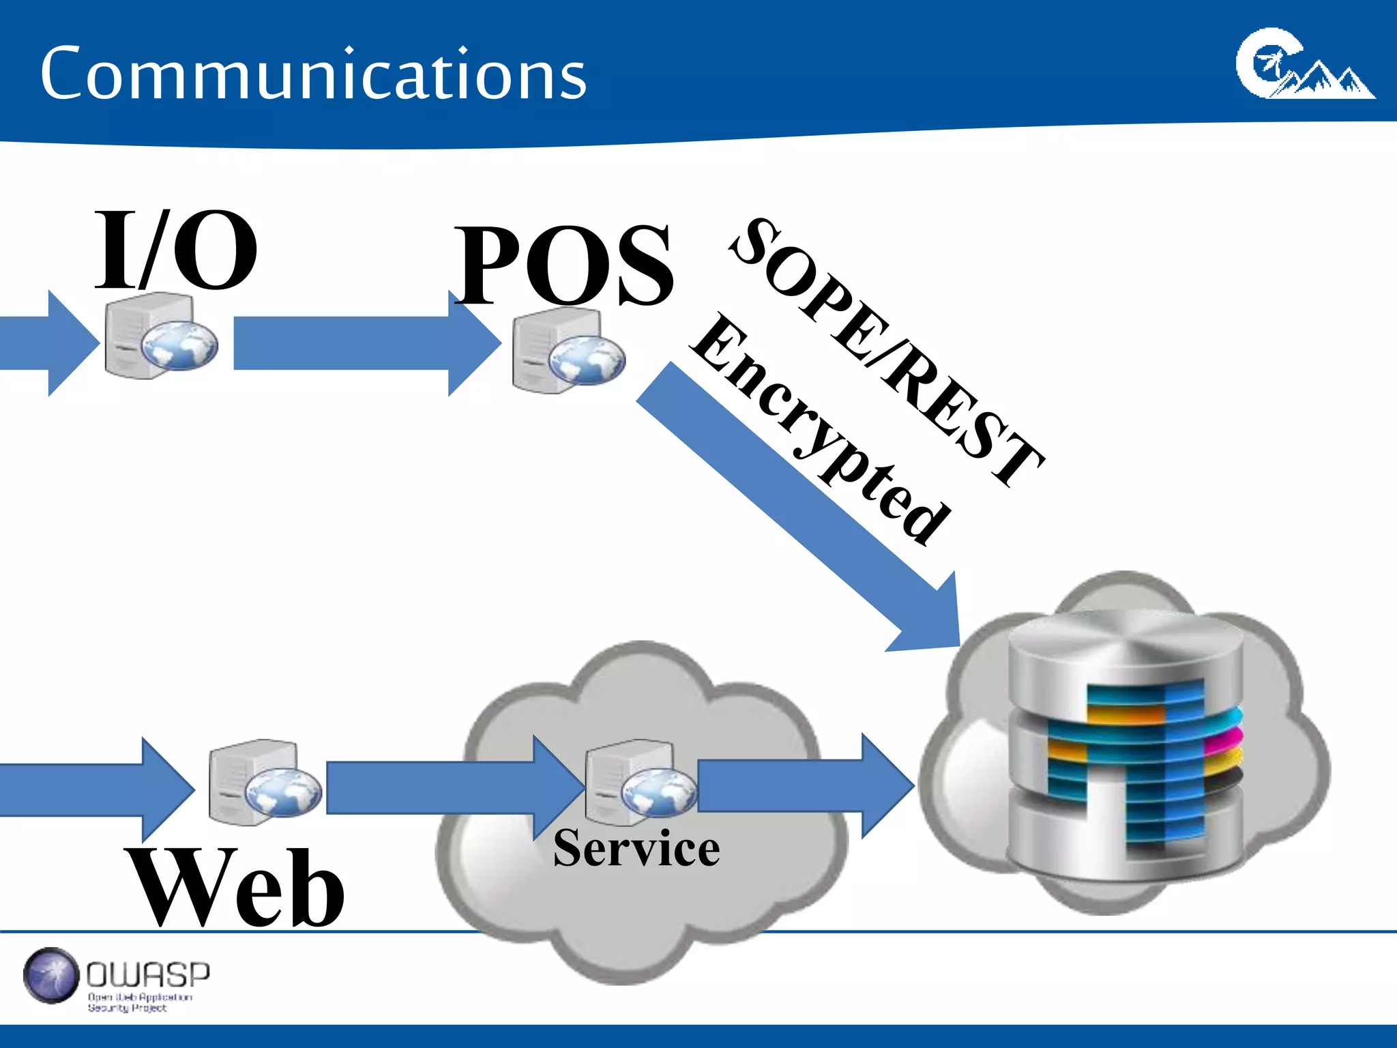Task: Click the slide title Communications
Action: [313, 74]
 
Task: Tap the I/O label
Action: [175, 250]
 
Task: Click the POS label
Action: [565, 265]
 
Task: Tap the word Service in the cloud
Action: [636, 848]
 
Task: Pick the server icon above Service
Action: [639, 783]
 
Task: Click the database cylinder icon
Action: [1126, 744]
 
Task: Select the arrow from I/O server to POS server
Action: [362, 343]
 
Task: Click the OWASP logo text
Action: [147, 975]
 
